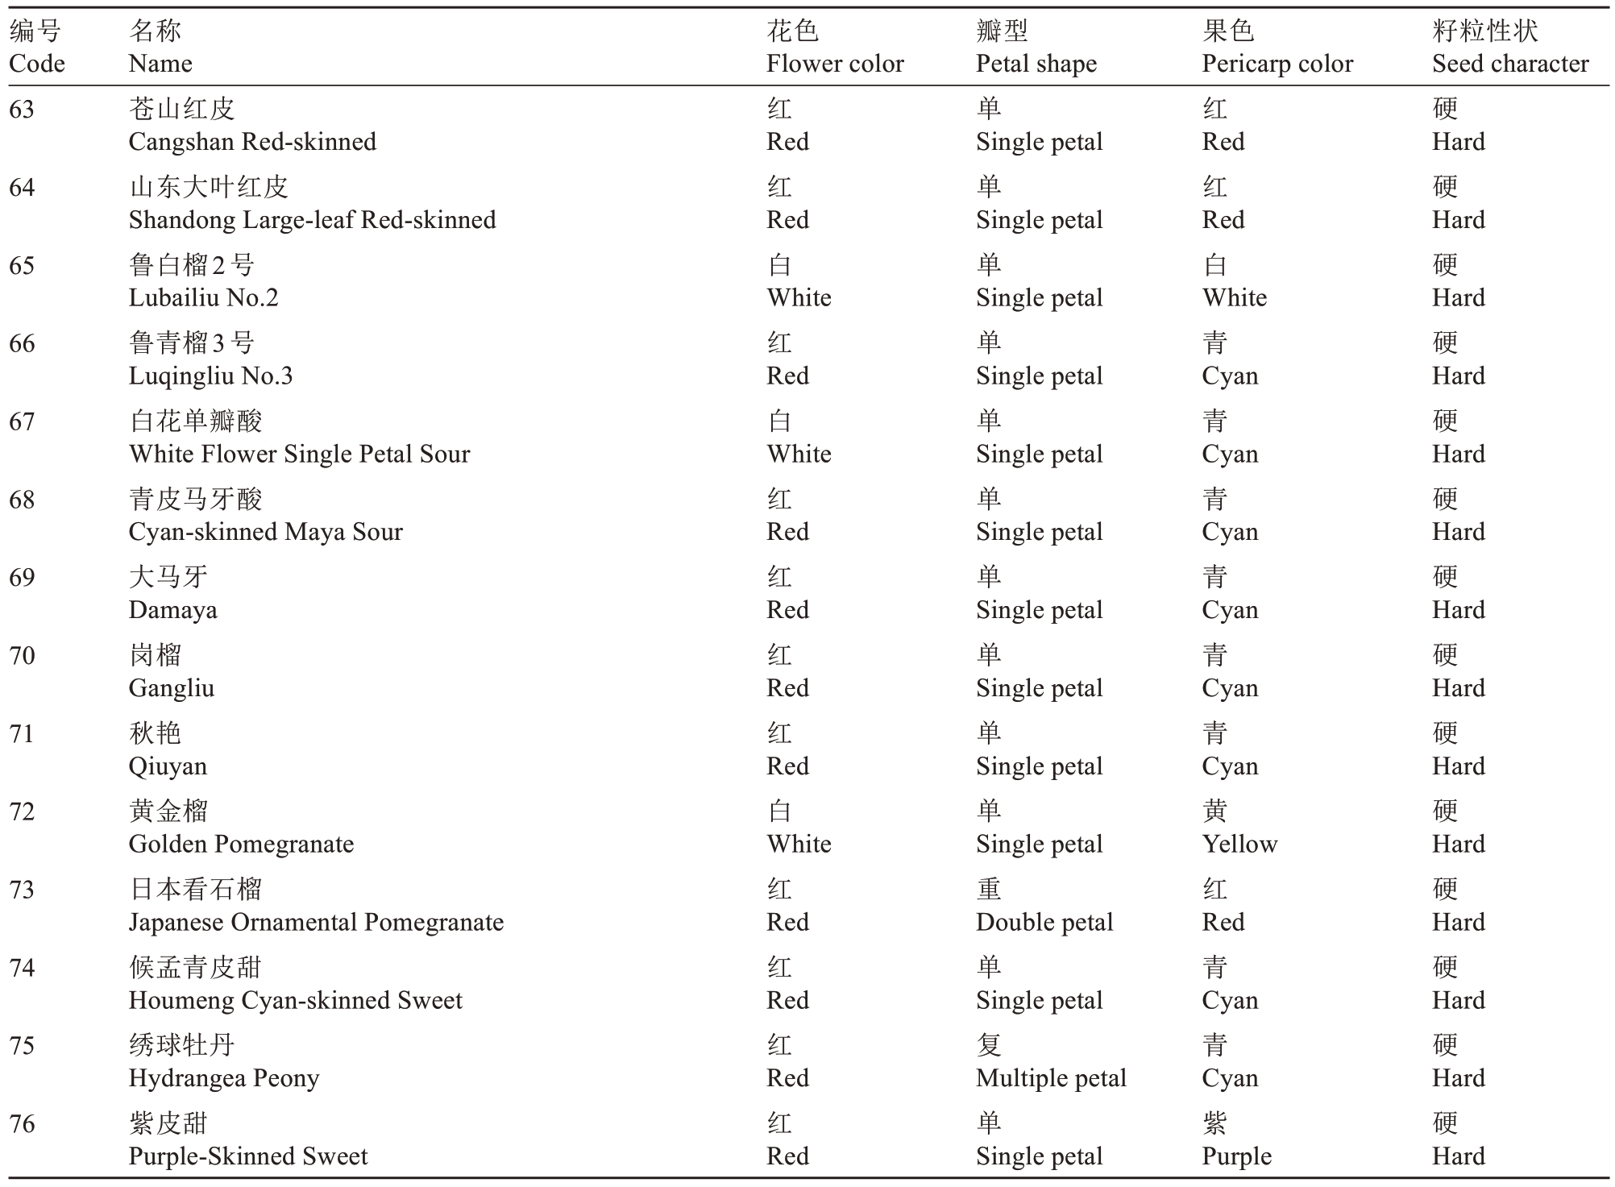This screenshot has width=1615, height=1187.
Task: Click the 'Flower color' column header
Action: tap(835, 64)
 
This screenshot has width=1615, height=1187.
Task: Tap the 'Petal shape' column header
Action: tap(1036, 64)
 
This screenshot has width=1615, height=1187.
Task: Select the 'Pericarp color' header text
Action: tap(1277, 64)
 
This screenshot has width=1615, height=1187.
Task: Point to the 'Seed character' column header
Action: tap(1509, 64)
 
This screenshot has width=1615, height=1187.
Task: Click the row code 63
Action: tap(22, 109)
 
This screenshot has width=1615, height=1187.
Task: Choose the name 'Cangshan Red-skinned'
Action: tap(252, 142)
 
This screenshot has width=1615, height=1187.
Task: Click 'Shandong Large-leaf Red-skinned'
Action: tap(312, 220)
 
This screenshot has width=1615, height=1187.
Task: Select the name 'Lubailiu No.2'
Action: tap(203, 298)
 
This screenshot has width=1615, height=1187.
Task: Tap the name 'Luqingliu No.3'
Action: tap(210, 376)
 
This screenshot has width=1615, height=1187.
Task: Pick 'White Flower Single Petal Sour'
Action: tap(299, 454)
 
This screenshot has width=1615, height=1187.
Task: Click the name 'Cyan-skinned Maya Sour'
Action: tap(265, 532)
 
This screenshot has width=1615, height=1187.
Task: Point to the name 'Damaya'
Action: tap(172, 610)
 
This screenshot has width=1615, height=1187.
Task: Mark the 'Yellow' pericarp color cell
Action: tap(1239, 844)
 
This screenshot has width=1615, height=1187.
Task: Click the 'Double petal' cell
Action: tap(1044, 922)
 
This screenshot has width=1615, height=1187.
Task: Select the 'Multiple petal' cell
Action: tap(1050, 1078)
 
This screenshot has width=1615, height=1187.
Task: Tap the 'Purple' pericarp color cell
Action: tap(1236, 1156)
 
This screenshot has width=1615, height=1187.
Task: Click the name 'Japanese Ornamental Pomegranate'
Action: tap(316, 922)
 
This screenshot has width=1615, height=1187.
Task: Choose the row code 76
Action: tap(22, 1123)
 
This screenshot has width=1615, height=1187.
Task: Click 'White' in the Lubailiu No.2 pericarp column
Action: tap(1234, 298)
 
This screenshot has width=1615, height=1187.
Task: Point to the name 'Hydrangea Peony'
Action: tap(224, 1078)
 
